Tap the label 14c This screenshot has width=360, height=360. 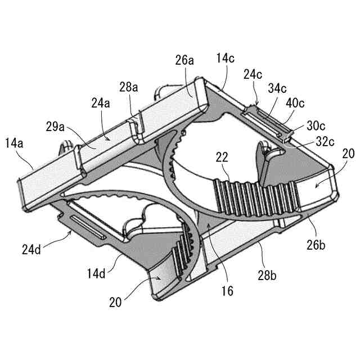226,58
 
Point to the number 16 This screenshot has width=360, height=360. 227,291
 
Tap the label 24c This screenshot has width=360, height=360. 253,74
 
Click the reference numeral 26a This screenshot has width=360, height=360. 184,59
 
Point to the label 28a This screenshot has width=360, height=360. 129,88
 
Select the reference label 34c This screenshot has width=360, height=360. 278,88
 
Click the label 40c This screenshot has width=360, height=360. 296,103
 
